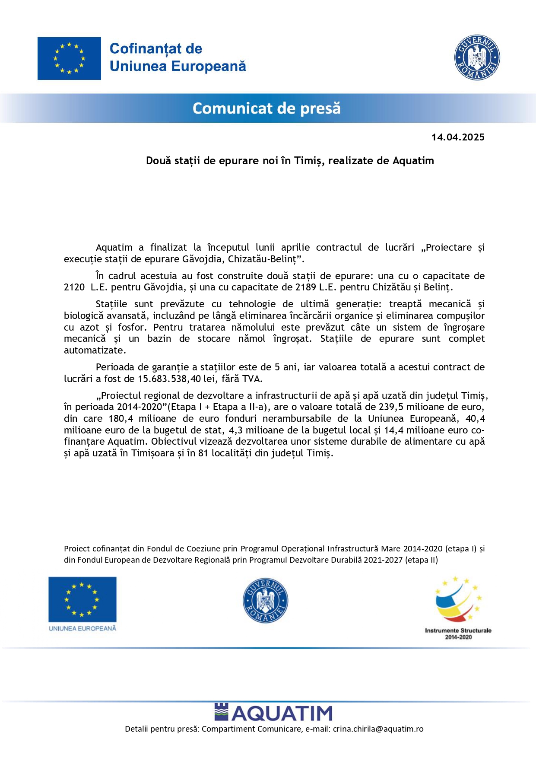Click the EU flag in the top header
(x=69, y=58)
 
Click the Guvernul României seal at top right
(x=477, y=57)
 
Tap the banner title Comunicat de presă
(x=266, y=108)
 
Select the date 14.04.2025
(x=458, y=137)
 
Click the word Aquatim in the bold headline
(x=413, y=161)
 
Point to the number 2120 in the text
(x=74, y=287)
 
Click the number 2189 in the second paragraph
(x=305, y=287)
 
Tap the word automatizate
(x=95, y=350)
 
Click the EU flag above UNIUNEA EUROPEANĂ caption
(x=82, y=599)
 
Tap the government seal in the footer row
(x=265, y=601)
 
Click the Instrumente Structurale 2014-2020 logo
(x=458, y=607)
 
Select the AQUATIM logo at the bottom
(x=273, y=713)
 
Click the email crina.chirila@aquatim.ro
(x=378, y=729)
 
